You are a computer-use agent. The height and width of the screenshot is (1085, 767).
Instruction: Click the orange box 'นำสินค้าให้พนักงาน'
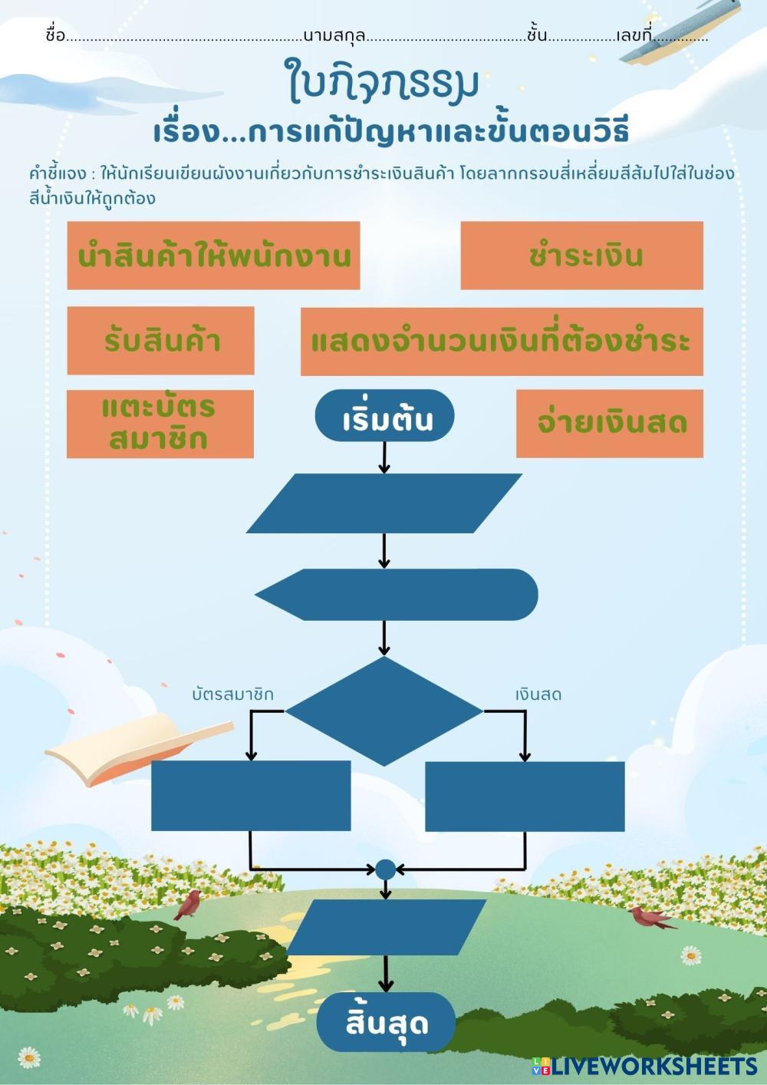(213, 256)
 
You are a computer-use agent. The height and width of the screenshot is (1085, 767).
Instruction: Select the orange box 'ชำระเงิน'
(581, 256)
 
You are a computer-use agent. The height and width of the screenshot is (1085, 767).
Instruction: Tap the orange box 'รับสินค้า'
(160, 341)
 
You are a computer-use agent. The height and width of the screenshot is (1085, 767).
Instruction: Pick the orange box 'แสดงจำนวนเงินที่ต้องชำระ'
(502, 341)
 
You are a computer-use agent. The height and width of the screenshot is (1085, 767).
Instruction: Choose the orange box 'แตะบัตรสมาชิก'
(160, 424)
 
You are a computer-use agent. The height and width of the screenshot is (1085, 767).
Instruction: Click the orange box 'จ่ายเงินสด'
(610, 423)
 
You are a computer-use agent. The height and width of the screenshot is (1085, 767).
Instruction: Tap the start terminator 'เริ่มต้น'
(384, 417)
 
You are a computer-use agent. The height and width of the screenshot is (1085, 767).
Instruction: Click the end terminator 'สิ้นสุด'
(386, 1022)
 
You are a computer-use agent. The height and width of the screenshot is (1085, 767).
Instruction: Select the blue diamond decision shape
(383, 711)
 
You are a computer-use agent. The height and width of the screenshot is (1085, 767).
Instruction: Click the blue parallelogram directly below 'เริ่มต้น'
(383, 503)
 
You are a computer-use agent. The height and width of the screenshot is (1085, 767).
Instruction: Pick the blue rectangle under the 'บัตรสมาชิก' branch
(251, 796)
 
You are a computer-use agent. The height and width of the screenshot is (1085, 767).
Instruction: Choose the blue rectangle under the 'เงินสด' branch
(525, 796)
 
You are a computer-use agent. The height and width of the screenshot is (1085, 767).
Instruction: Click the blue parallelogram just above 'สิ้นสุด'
(386, 927)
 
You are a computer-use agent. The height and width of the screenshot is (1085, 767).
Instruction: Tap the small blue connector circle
(385, 869)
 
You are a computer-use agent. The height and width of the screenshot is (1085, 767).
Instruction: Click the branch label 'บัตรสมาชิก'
(232, 694)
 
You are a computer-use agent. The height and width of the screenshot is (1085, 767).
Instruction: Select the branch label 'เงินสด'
(538, 694)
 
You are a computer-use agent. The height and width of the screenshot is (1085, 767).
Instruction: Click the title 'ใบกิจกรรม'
(383, 81)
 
